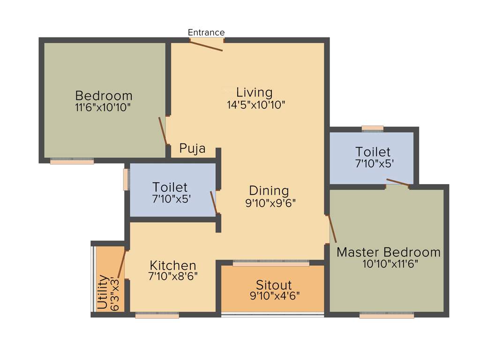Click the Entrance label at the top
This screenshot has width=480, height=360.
pyautogui.click(x=206, y=32)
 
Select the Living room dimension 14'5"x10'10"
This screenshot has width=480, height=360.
pyautogui.click(x=256, y=105)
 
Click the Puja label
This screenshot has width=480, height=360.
pyautogui.click(x=193, y=149)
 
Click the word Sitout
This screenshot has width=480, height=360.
pyautogui.click(x=274, y=285)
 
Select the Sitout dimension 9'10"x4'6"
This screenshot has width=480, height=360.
pyautogui.click(x=275, y=296)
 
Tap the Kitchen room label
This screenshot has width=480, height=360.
pyautogui.click(x=173, y=265)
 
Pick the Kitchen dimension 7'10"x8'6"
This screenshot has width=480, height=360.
pyautogui.click(x=173, y=277)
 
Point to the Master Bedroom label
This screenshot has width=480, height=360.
pyautogui.click(x=389, y=252)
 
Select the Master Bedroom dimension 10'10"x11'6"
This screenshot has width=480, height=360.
pyautogui.click(x=390, y=264)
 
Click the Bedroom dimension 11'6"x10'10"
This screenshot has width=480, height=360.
pyautogui.click(x=103, y=107)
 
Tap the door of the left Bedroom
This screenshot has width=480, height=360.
pyautogui.click(x=163, y=131)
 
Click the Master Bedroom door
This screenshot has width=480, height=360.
pyautogui.click(x=332, y=229)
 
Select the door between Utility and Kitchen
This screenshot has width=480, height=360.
pyautogui.click(x=121, y=265)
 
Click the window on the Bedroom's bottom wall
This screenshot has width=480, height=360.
pyautogui.click(x=72, y=161)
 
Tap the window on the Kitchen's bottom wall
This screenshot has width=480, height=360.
pyautogui.click(x=157, y=316)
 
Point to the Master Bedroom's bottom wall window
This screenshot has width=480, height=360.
pyautogui.click(x=387, y=316)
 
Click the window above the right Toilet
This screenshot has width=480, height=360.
pyautogui.click(x=373, y=128)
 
